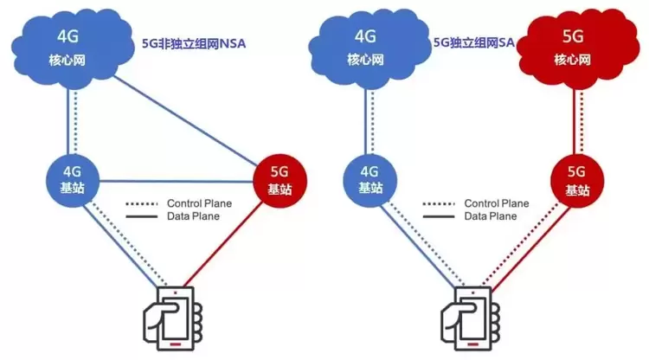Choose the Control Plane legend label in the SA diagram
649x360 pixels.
[x=498, y=204]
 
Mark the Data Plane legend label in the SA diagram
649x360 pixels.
[x=491, y=216]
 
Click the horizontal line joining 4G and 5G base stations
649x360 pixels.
[x=177, y=181]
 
